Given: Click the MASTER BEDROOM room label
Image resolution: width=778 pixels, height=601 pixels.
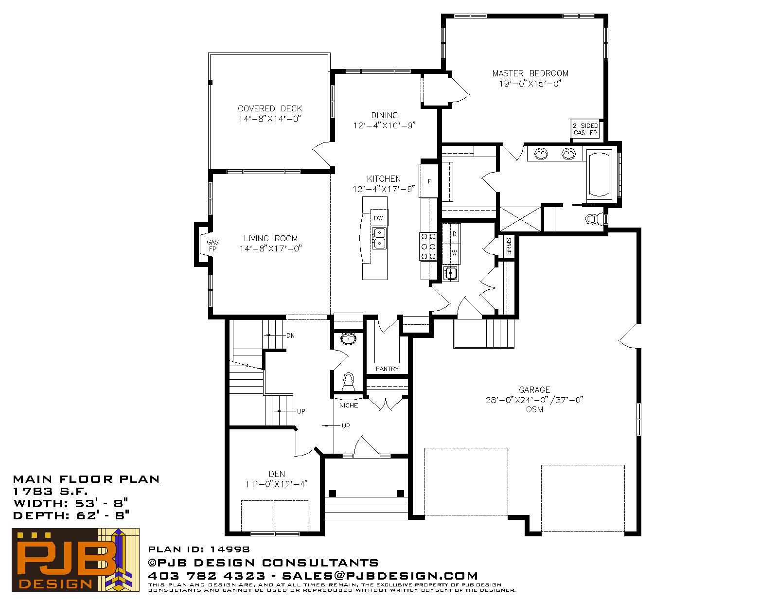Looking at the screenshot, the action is tap(530, 73).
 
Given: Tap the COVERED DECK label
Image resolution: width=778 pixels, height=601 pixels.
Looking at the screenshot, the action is tap(270, 108).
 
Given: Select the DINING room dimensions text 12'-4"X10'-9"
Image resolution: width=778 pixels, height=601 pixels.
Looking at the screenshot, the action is tap(384, 125).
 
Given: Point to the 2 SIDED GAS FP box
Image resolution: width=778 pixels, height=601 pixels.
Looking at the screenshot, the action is tap(585, 129).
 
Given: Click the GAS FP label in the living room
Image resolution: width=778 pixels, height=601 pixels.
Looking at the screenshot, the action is tap(212, 246).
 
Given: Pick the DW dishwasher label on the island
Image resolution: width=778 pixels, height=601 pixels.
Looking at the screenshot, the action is tap(378, 218).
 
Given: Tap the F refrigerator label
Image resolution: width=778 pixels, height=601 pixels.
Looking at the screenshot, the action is tap(430, 181).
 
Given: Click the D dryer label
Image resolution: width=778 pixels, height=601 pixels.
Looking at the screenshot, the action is tap(454, 234).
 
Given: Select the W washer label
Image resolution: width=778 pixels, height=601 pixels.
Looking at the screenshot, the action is tap(454, 253).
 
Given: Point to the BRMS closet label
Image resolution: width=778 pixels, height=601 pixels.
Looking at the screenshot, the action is tap(509, 246).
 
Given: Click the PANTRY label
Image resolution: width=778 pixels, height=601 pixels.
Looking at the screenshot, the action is tap(387, 369).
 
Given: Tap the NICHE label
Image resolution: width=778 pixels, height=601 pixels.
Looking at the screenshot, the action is tap(348, 405).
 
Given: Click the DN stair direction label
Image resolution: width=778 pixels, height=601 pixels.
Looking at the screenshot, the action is tap(290, 336).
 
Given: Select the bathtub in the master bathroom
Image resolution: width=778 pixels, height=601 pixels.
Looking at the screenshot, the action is tap(599, 175).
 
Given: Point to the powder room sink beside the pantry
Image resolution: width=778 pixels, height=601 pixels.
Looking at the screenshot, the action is tap(348, 338).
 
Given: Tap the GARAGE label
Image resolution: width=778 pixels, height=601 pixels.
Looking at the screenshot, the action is tap(534, 389).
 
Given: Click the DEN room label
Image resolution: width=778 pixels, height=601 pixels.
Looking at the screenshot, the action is tap(277, 474).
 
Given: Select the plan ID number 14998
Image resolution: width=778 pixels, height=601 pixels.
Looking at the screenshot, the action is tap(230, 549).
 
